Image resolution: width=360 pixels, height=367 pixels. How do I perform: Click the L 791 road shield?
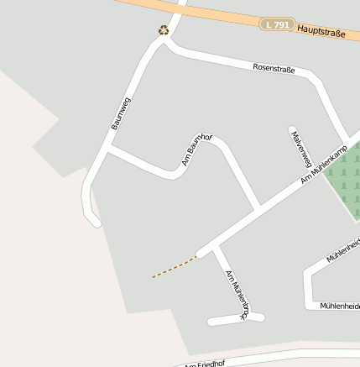276,25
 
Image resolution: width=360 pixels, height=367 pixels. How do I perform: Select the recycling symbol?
164,31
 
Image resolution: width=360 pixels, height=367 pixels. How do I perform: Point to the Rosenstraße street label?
274,68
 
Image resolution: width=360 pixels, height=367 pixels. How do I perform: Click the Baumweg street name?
121,113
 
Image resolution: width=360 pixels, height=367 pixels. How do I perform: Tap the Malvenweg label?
301,148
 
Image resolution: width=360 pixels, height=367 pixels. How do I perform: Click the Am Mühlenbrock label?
237,294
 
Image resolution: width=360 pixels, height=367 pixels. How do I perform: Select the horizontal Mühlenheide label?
340,306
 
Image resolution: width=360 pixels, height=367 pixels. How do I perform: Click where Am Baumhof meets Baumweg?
108,149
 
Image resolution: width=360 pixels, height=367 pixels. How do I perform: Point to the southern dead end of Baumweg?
96,222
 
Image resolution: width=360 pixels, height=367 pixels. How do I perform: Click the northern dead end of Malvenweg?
292,130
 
